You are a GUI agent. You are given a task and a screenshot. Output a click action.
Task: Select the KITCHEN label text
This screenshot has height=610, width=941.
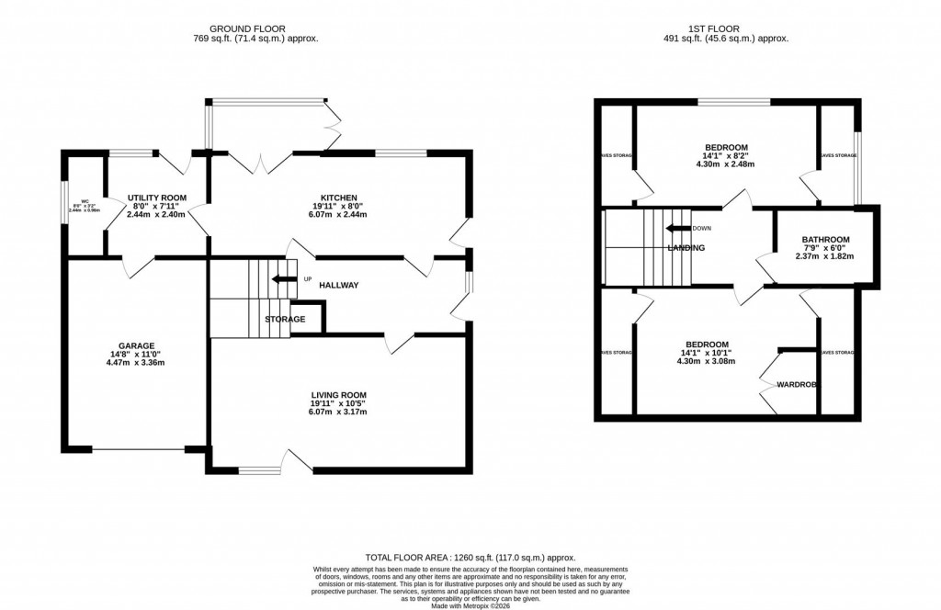point(336,198)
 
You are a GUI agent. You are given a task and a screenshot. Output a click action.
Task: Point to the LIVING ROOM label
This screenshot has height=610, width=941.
point(338,395)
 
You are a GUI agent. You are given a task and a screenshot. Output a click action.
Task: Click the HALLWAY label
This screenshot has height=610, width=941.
point(339,286)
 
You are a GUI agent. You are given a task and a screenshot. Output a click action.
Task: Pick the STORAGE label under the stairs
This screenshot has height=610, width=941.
point(285,319)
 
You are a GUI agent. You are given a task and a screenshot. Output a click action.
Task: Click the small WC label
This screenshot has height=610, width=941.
point(84,201)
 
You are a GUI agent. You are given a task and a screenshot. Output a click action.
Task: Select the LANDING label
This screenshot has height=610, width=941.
point(686,248)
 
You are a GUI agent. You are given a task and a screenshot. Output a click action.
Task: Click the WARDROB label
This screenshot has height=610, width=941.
point(797,384)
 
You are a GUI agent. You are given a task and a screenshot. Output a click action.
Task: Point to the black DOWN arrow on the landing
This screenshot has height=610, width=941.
point(678,229)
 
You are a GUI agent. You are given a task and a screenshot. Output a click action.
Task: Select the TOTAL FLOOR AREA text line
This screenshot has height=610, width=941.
point(470,558)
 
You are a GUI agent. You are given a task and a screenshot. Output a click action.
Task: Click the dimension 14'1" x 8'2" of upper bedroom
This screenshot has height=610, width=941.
point(726,156)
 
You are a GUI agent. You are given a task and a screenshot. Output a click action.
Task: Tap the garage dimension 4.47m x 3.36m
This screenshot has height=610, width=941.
point(135,363)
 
